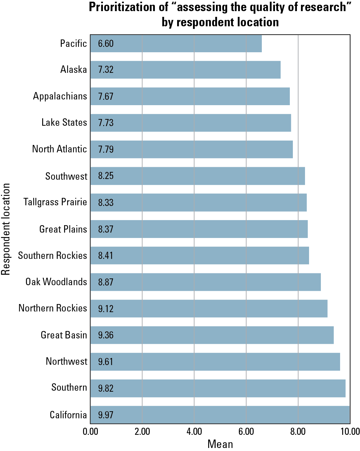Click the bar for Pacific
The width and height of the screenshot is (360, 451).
(176, 43)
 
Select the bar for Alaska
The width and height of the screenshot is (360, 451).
(185, 70)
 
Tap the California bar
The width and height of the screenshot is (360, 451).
(220, 415)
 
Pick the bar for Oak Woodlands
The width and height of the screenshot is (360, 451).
(205, 282)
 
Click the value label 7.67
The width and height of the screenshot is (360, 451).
(106, 96)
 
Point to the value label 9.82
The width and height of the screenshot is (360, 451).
(106, 388)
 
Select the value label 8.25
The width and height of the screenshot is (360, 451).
(106, 176)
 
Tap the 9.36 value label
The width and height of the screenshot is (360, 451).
(106, 335)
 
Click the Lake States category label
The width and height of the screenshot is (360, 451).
(64, 123)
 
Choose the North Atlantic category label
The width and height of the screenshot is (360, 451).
(59, 149)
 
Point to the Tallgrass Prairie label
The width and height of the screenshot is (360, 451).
(55, 202)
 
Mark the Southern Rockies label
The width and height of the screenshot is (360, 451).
(52, 255)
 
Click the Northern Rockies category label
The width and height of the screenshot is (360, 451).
(53, 308)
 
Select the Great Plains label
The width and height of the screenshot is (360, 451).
(63, 229)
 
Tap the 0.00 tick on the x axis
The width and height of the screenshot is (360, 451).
(90, 432)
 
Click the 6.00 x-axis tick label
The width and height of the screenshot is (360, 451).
(246, 432)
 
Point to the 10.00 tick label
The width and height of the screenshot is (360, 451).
(350, 432)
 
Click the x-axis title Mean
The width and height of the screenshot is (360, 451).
(220, 444)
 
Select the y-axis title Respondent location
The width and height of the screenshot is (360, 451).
(6, 229)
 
